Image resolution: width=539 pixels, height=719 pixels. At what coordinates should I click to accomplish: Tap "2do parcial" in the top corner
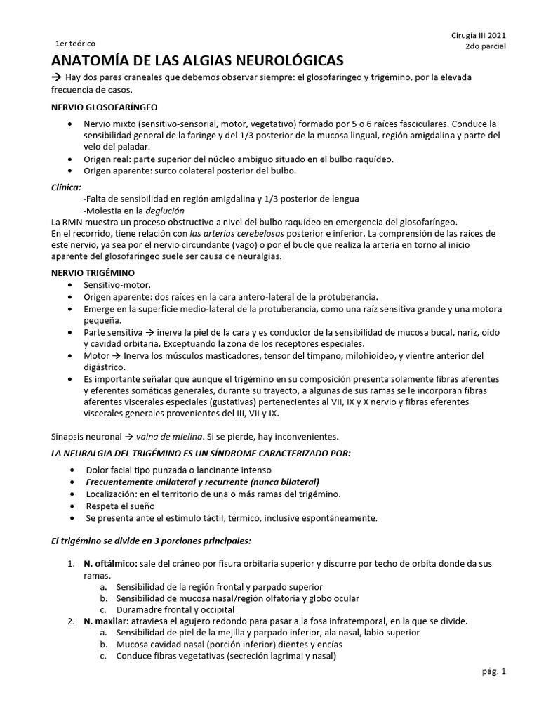click(485, 47)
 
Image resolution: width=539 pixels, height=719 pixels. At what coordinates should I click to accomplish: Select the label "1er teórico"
click(75, 44)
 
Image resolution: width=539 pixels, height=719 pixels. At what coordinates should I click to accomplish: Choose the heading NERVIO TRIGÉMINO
click(94, 272)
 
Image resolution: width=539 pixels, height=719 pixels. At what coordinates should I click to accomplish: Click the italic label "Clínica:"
click(67, 187)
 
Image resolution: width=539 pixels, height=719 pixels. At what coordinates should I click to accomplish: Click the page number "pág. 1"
click(493, 671)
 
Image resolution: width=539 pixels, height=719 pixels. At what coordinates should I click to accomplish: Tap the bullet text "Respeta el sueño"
click(120, 506)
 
